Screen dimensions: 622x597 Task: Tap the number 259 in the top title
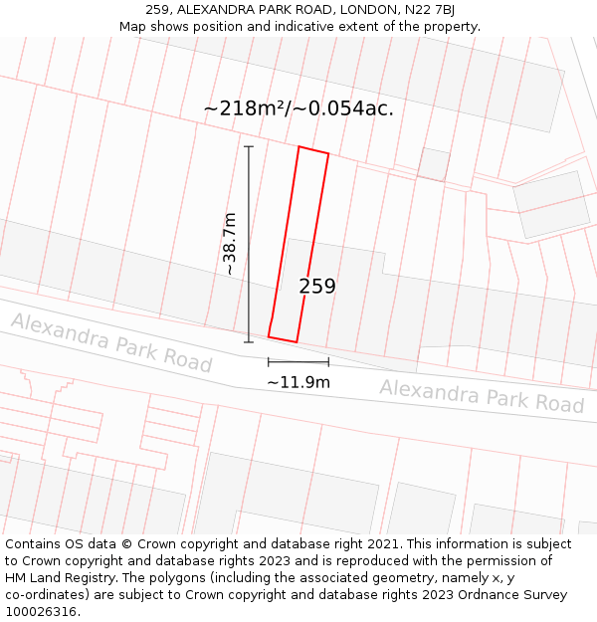157,10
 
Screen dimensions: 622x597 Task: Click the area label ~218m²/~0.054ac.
298,108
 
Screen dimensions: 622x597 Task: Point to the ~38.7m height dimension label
230,244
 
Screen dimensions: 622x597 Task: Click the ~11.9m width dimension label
298,381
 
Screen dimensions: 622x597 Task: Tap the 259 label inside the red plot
317,287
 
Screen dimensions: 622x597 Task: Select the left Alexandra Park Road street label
111,341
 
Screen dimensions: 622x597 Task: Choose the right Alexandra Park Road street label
482,395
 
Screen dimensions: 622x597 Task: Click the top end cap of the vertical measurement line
249,147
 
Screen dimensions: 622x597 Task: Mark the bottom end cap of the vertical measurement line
249,342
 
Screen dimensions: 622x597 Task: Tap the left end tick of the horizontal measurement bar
269,362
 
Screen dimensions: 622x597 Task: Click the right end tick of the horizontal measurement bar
328,362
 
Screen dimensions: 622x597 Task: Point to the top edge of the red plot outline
313,150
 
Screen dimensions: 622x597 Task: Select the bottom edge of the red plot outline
283,339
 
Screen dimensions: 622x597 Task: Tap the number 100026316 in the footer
41,612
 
